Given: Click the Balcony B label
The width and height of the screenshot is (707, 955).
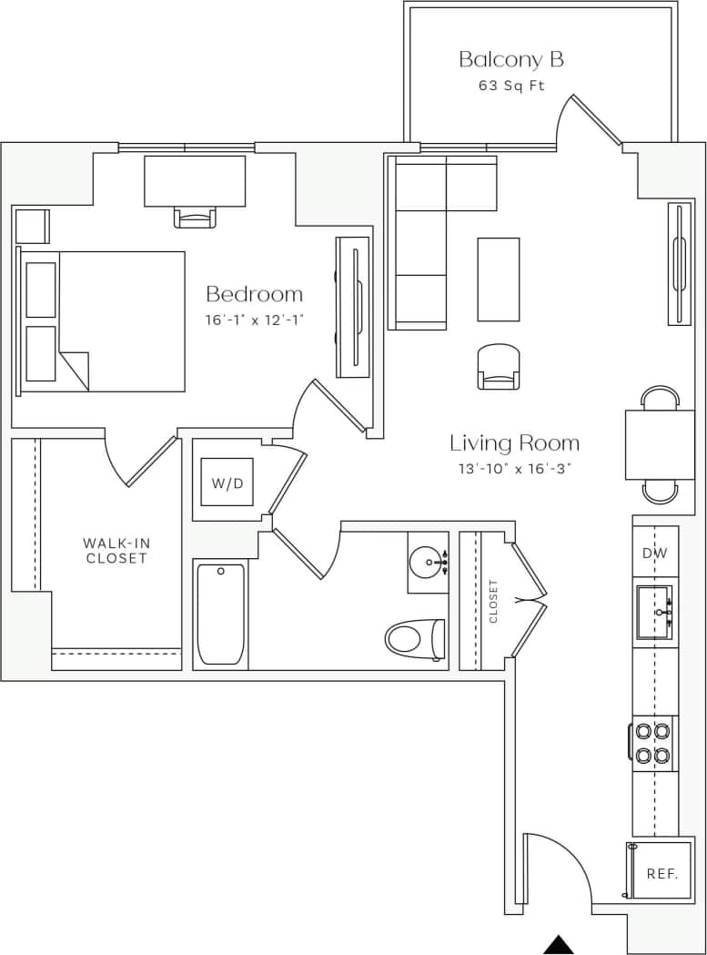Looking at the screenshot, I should tap(510, 60).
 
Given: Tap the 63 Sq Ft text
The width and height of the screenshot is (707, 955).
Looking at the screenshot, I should tap(511, 86).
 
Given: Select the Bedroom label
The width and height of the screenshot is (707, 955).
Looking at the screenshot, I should tap(254, 294).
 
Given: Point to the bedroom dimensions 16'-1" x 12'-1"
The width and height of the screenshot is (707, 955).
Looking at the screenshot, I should tap(254, 320).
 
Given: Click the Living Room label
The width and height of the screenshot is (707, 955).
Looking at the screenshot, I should tap(514, 443).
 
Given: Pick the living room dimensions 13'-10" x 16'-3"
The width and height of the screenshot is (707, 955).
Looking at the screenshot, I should tap(514, 469).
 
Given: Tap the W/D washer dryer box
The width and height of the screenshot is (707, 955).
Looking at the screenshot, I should tap(227, 483).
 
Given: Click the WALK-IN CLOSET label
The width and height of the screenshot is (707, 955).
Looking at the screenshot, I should tap(117, 551).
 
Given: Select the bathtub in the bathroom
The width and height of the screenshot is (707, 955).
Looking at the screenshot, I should tap(221, 615).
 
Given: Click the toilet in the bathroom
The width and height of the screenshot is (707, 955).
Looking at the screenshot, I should tap(415, 638).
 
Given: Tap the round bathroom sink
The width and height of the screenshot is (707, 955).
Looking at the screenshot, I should tap(427, 563).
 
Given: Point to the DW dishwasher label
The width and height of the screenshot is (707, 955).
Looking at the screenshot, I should tap(655, 553).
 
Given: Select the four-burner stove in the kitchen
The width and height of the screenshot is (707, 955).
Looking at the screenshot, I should tap(652, 743).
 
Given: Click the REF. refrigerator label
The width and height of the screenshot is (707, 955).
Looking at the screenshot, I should tap(662, 873).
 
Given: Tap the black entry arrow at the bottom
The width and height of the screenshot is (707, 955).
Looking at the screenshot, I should tap(560, 945).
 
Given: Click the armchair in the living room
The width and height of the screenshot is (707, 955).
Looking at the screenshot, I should tap(499, 366).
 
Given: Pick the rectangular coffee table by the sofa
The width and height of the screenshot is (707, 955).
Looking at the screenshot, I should tap(499, 279).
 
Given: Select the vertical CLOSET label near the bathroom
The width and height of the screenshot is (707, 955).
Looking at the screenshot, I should tap(494, 602).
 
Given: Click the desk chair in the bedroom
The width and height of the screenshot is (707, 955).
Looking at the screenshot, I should tap(196, 217).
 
